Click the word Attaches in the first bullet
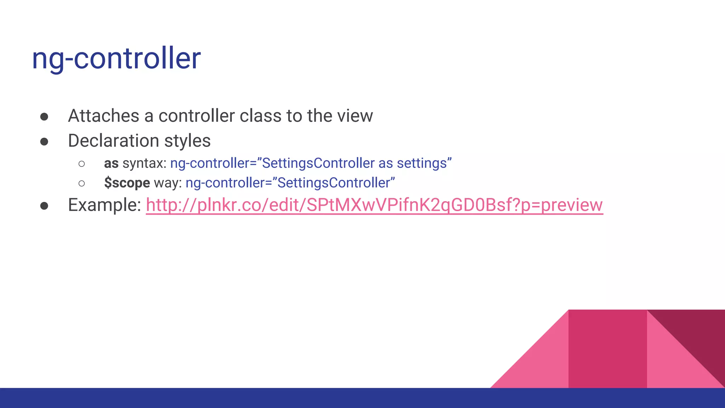click(103, 116)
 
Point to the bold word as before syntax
click(111, 164)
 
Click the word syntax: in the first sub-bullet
click(144, 164)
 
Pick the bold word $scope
click(127, 183)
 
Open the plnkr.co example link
click(374, 205)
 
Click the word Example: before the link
click(105, 205)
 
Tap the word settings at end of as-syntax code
click(422, 164)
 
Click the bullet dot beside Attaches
click(44, 117)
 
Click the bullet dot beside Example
click(44, 206)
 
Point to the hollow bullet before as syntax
click(82, 164)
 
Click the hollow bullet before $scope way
click(82, 183)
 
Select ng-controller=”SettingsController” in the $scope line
click(290, 183)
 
